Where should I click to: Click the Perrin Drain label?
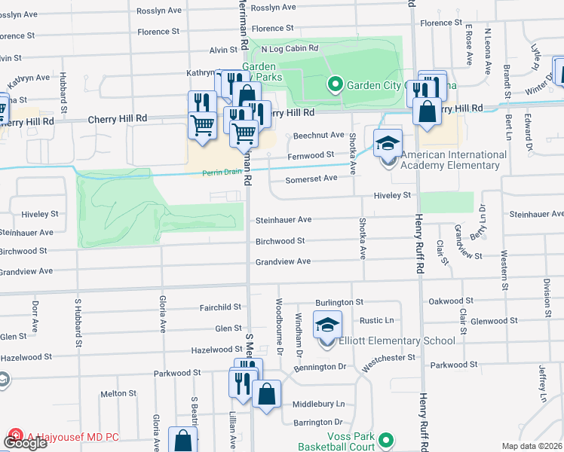tap(222, 173)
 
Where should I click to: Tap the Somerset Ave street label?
tap(311, 179)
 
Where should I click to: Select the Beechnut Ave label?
tap(318, 136)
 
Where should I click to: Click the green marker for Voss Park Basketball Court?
tap(387, 439)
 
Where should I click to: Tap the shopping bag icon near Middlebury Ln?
tap(266, 394)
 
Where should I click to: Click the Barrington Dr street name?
tap(318, 422)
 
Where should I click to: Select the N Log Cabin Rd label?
tap(290, 49)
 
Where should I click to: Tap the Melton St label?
tap(118, 394)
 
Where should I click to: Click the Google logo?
tap(25, 443)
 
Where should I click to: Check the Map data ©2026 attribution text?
tap(532, 446)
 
